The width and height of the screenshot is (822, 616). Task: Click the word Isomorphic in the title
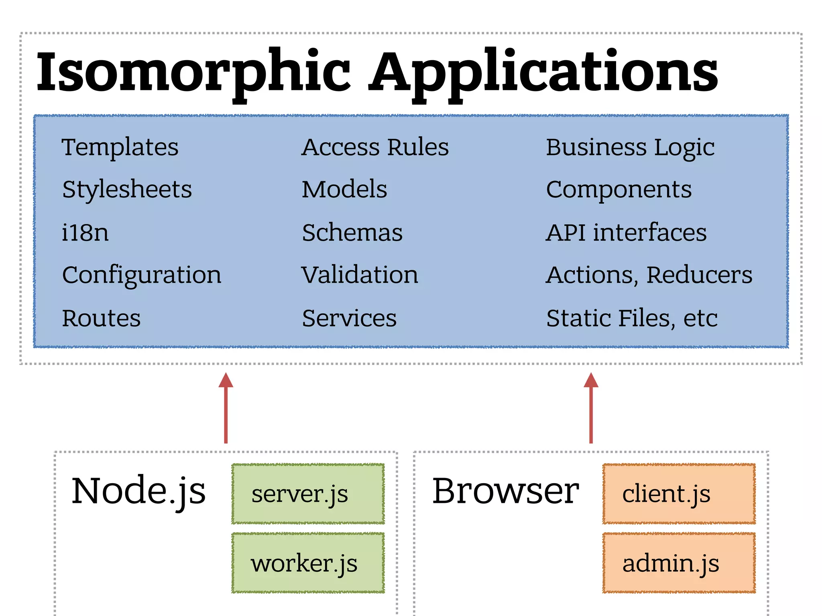pos(193,72)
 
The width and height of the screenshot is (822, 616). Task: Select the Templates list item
pos(120,147)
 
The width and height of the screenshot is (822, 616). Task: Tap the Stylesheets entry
pos(127,189)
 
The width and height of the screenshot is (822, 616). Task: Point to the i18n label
pos(85,233)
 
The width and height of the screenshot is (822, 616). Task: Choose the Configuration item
pos(141,275)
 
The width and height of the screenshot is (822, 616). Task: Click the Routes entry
pos(101,318)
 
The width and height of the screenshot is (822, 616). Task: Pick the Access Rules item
pos(375,147)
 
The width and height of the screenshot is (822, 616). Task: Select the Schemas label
pos(352,233)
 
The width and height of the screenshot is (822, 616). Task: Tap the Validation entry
pos(360,275)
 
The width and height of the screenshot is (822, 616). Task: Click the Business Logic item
pos(630,147)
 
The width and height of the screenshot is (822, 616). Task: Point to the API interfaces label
pos(626,233)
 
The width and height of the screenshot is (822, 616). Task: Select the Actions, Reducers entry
pos(649,275)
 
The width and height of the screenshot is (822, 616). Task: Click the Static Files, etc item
pos(632,318)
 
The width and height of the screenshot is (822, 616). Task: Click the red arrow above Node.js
pos(226,409)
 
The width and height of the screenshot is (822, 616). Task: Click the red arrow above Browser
pos(591,409)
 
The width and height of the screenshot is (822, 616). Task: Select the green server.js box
pos(308,494)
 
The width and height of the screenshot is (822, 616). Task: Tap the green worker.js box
pos(308,563)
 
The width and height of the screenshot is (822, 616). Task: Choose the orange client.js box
pos(679,494)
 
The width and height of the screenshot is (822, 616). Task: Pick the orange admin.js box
pos(679,563)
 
